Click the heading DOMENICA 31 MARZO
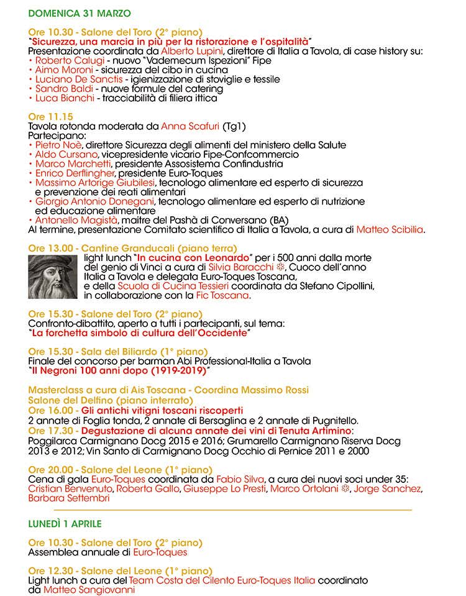tap(80, 12)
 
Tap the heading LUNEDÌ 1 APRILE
tap(65, 524)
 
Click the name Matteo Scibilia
tap(390, 229)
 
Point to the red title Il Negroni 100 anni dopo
tap(118, 370)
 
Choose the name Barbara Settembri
tap(69, 498)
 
